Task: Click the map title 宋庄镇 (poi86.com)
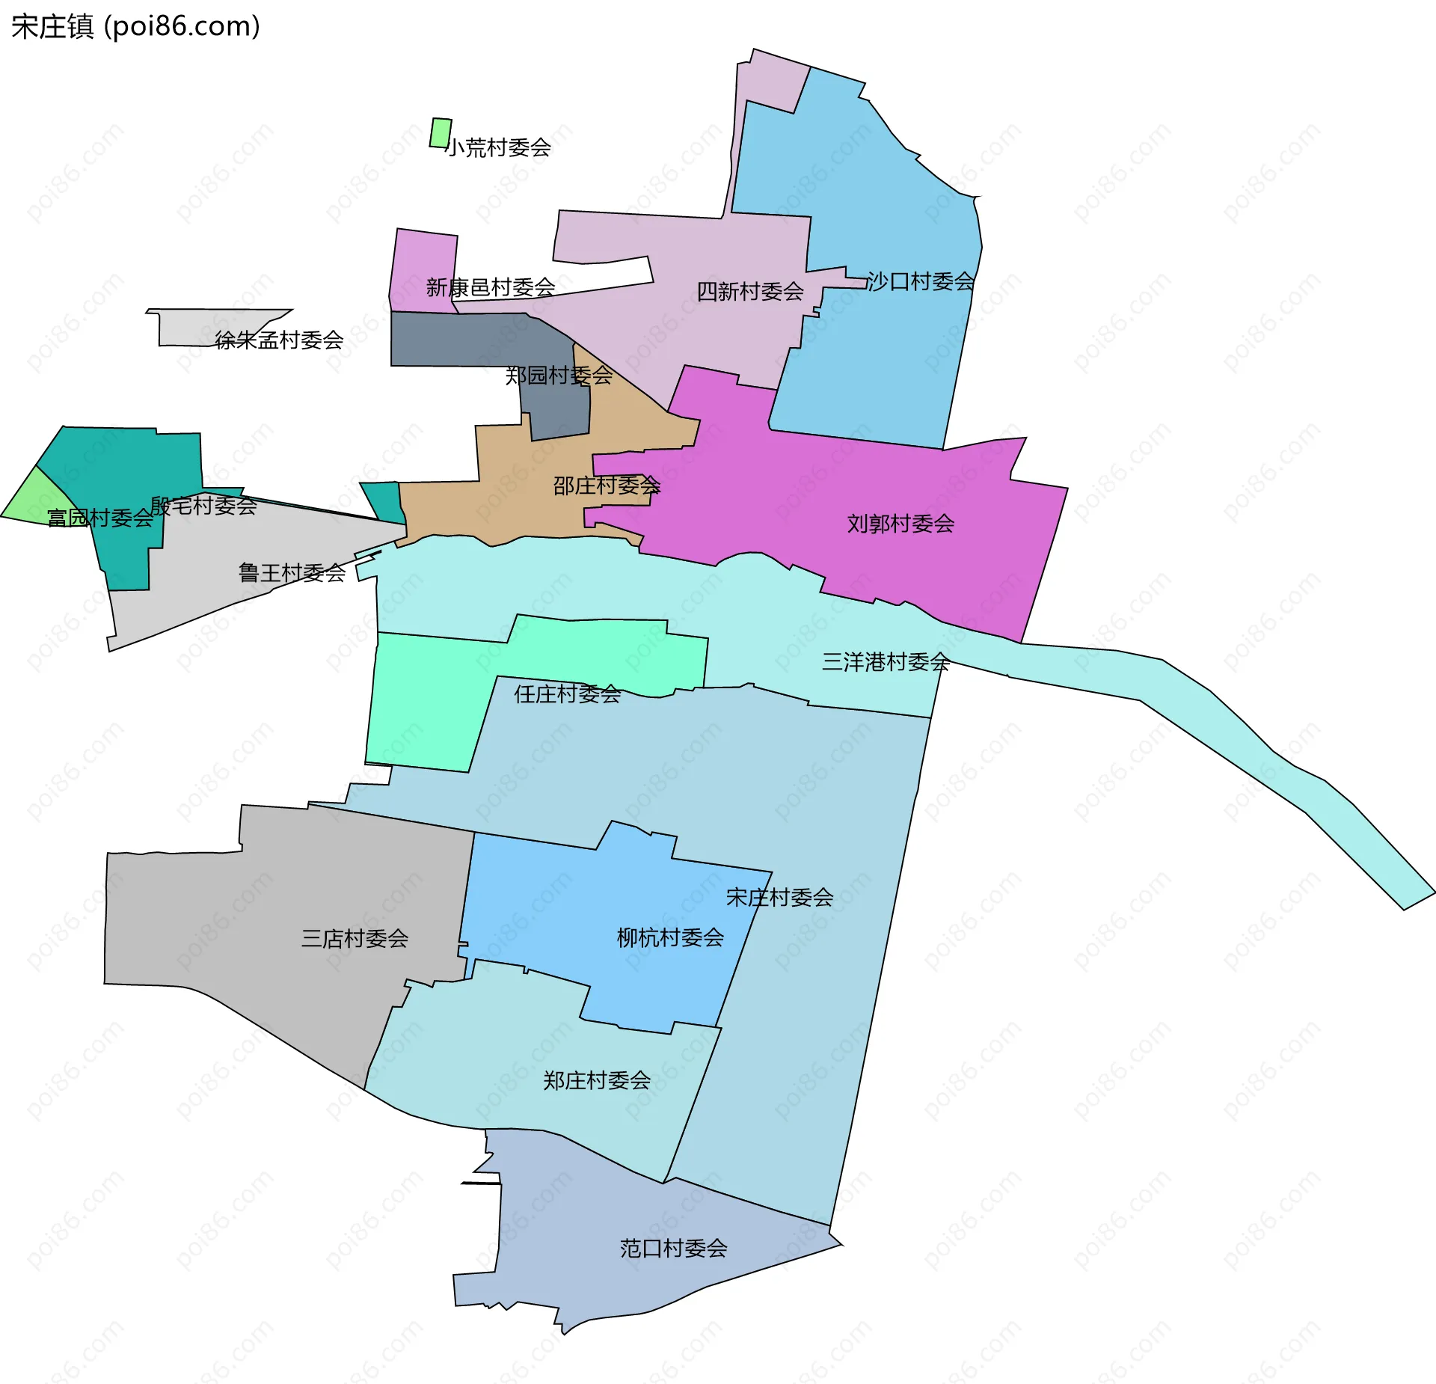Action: click(135, 26)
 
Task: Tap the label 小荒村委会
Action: click(499, 147)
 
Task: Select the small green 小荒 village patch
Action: click(441, 133)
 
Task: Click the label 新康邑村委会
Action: click(491, 287)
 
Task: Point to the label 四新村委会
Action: click(750, 291)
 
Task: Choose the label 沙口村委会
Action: click(921, 281)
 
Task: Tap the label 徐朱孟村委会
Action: click(279, 340)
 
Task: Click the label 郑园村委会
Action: click(559, 375)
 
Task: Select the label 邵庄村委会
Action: click(607, 486)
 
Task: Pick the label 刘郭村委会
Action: click(900, 523)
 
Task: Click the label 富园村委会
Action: click(100, 518)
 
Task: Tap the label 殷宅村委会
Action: click(203, 506)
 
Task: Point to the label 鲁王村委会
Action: click(292, 572)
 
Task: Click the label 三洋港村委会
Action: click(886, 661)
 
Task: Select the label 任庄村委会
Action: click(567, 693)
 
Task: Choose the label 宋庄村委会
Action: click(779, 897)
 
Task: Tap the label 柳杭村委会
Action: click(670, 937)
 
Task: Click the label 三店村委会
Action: click(355, 938)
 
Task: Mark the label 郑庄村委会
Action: click(596, 1080)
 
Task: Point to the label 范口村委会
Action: click(673, 1248)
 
